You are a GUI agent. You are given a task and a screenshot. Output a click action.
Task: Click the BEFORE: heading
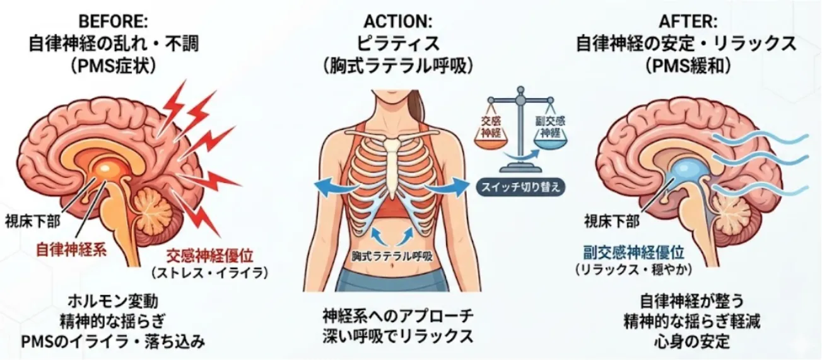click(x=113, y=22)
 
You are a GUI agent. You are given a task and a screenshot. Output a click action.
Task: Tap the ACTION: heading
click(x=398, y=22)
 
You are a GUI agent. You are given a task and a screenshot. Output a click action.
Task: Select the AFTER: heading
click(x=688, y=22)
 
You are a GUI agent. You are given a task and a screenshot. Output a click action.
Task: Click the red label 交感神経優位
click(x=209, y=256)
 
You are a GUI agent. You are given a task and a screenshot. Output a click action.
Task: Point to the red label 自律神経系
click(x=71, y=250)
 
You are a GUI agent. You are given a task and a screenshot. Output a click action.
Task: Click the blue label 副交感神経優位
click(x=634, y=253)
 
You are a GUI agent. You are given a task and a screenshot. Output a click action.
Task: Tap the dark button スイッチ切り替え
click(x=520, y=187)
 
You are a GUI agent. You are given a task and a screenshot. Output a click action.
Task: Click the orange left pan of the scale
click(x=491, y=141)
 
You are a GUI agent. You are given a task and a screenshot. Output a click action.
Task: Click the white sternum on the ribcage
click(x=392, y=165)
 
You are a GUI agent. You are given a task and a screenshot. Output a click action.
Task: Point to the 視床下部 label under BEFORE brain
click(x=32, y=222)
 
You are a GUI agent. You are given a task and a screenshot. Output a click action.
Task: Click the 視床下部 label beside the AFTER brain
click(x=612, y=221)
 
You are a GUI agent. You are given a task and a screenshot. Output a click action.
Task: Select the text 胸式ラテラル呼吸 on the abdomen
click(x=392, y=256)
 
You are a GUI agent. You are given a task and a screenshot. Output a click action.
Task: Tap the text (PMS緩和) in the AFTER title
click(x=688, y=66)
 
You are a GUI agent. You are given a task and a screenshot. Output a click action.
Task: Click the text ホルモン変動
click(x=113, y=302)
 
